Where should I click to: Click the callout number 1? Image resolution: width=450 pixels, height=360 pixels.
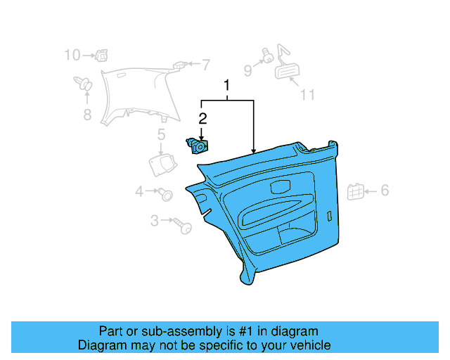click(227, 86)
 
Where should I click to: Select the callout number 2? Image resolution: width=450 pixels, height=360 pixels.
click(202, 119)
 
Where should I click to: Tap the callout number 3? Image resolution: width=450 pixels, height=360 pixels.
click(155, 221)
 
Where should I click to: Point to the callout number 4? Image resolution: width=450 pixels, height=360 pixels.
click(139, 191)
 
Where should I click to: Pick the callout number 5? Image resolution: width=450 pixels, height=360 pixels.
click(161, 134)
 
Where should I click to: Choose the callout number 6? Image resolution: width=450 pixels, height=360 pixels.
click(385, 190)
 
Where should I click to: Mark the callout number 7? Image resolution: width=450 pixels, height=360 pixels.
click(206, 65)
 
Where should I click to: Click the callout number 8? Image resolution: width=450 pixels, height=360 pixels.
click(87, 115)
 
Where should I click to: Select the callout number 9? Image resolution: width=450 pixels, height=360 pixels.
click(247, 70)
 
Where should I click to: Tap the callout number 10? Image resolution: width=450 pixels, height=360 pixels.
click(72, 54)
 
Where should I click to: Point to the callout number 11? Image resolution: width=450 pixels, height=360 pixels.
click(307, 95)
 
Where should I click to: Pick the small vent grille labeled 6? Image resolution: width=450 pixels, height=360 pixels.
click(356, 191)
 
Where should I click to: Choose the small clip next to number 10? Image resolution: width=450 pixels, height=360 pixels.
click(103, 53)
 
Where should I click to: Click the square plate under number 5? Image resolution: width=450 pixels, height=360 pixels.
click(162, 163)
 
